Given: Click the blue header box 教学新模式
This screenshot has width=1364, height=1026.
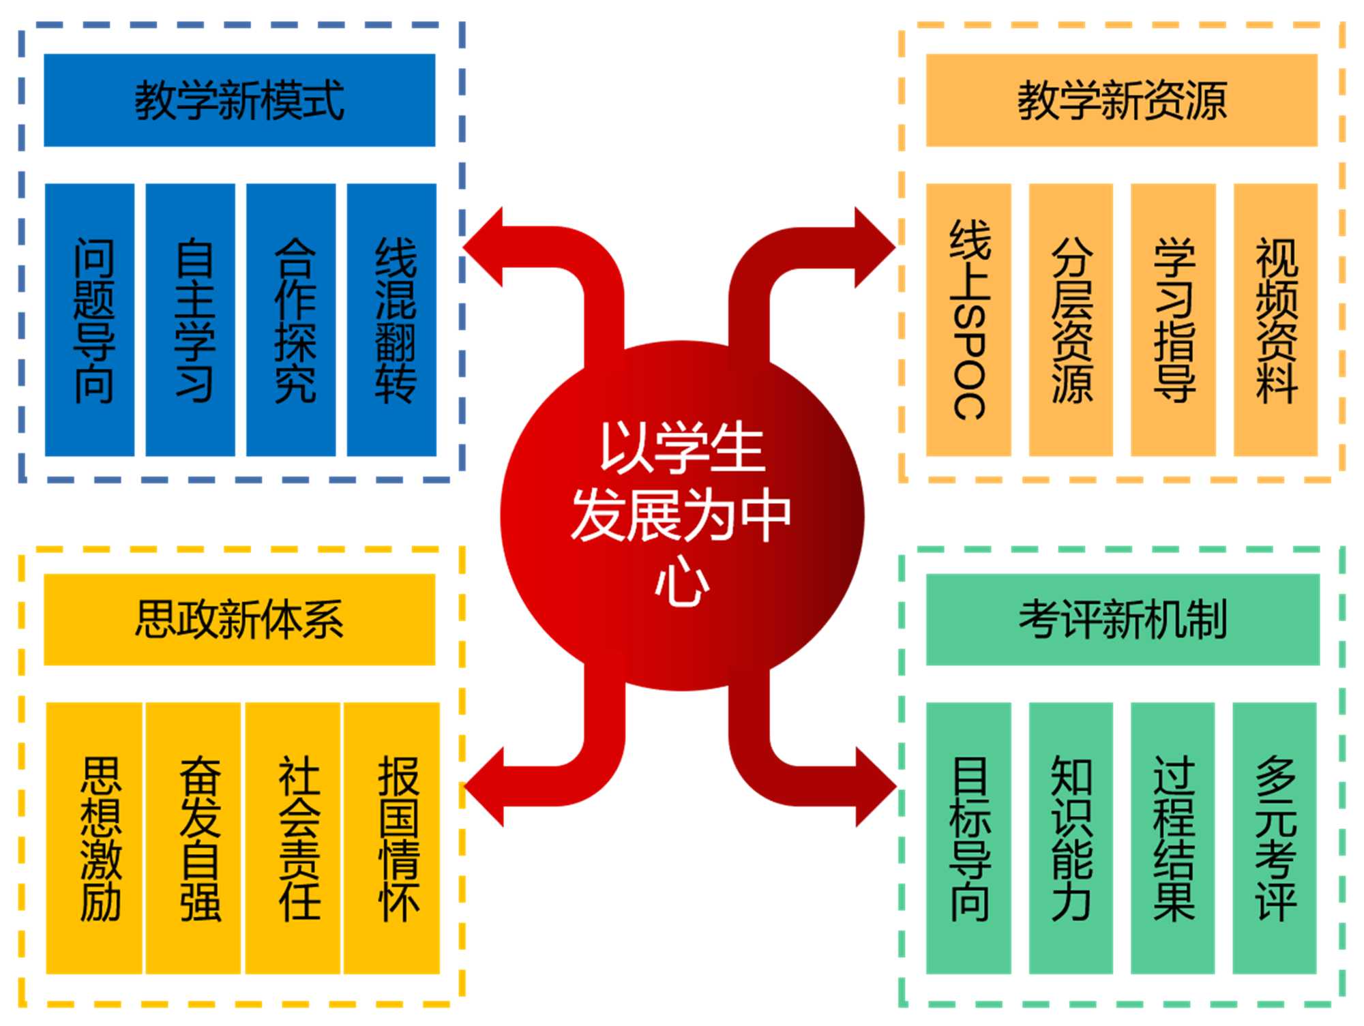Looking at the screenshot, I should [x=239, y=100].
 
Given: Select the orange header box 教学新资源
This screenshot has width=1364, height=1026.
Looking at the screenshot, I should [x=1121, y=100].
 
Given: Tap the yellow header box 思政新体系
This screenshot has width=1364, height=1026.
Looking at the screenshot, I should [x=239, y=619].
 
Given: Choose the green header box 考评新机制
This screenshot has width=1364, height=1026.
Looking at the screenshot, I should [x=1122, y=619].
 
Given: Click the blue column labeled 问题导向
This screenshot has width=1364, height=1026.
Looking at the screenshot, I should [x=90, y=319].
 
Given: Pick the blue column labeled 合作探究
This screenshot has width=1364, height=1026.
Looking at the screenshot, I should [x=291, y=319].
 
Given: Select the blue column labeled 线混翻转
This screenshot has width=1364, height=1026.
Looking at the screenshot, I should [x=391, y=319].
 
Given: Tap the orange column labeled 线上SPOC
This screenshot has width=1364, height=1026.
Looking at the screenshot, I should [x=968, y=319].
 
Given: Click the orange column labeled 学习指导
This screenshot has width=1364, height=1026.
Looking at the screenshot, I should [x=1173, y=319].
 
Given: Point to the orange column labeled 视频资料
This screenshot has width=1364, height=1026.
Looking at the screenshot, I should [x=1275, y=319].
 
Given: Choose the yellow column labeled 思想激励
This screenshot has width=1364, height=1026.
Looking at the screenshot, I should [x=94, y=838].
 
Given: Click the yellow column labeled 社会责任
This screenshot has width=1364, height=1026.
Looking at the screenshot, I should [x=293, y=838].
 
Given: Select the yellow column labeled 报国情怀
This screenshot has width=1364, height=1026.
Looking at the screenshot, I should [x=391, y=838].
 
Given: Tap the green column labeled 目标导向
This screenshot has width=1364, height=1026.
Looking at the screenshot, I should [x=968, y=838].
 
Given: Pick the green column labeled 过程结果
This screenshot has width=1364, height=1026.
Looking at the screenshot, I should [x=1173, y=838].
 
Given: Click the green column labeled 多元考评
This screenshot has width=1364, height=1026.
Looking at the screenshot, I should [x=1274, y=838].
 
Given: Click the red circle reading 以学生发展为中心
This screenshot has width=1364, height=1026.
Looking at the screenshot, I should [x=682, y=515].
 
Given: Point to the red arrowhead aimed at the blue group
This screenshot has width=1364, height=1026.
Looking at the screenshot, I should [x=486, y=247].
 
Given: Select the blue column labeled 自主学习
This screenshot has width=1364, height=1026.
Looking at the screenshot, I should [x=190, y=319].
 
